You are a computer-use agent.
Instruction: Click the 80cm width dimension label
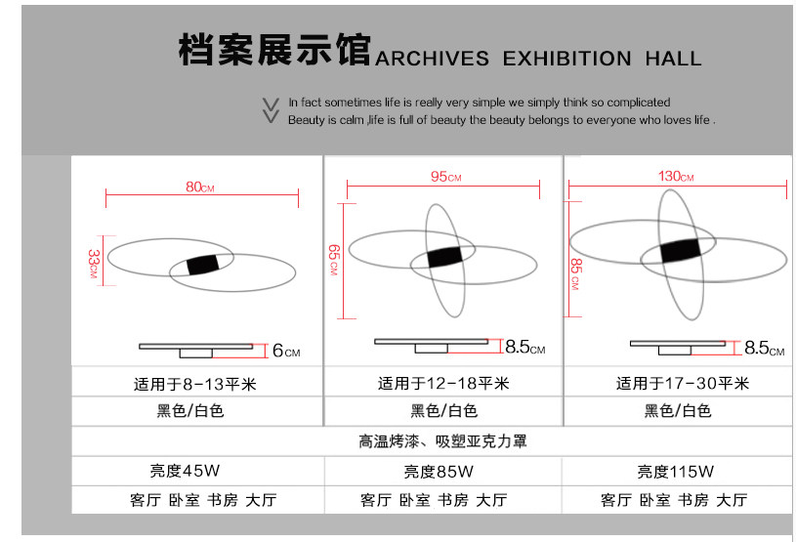tap(200, 188)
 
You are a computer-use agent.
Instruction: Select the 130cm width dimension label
tap(676, 177)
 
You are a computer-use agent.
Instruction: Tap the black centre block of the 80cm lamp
tap(202, 264)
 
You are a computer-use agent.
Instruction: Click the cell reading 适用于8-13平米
tap(194, 384)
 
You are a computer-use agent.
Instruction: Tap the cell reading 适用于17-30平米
tap(680, 384)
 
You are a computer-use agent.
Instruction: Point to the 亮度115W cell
tap(677, 472)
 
